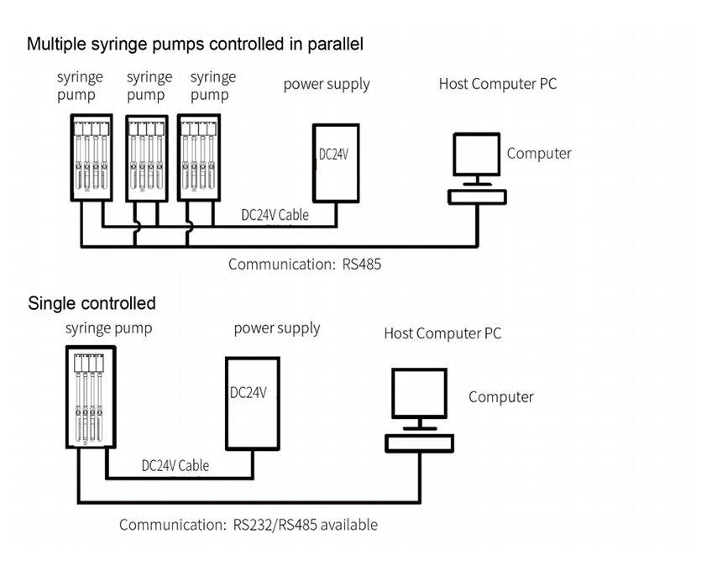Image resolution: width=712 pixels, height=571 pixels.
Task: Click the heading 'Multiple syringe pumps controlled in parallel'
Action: pyautogui.click(x=195, y=44)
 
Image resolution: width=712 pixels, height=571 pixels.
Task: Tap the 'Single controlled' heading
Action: pyautogui.click(x=92, y=302)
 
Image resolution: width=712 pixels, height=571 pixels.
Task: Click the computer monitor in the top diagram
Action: pyautogui.click(x=477, y=155)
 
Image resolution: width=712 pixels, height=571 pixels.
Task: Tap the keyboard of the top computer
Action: pyautogui.click(x=477, y=196)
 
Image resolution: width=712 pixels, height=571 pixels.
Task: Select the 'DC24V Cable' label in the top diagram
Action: pyautogui.click(x=275, y=214)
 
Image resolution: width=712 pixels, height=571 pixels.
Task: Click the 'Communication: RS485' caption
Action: pyautogui.click(x=305, y=264)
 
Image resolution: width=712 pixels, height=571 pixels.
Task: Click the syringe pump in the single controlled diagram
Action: pyautogui.click(x=91, y=396)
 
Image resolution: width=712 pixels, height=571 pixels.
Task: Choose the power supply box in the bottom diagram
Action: pyautogui.click(x=251, y=402)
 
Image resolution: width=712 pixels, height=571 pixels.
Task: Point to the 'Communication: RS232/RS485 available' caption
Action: pyautogui.click(x=248, y=525)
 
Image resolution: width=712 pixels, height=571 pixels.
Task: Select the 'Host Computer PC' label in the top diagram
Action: pyautogui.click(x=497, y=83)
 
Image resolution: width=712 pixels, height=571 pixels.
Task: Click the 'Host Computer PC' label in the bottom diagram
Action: pyautogui.click(x=442, y=333)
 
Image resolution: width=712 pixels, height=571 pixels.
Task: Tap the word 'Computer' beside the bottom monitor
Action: pyautogui.click(x=500, y=396)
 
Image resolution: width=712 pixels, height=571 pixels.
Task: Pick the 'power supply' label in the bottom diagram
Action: pyautogui.click(x=276, y=327)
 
